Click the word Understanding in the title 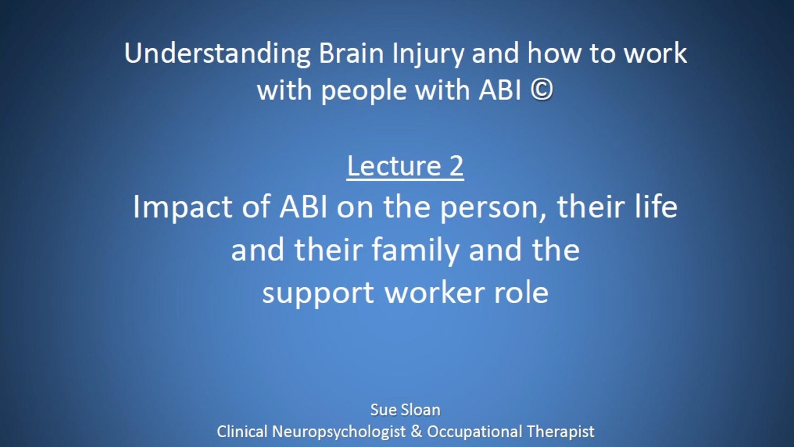point(217,54)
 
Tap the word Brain point(351,53)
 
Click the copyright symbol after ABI point(542,90)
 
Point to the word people point(364,92)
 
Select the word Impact point(183,208)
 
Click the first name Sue point(383,410)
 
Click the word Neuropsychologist point(339,432)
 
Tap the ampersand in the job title point(416,432)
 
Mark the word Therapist point(560,432)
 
